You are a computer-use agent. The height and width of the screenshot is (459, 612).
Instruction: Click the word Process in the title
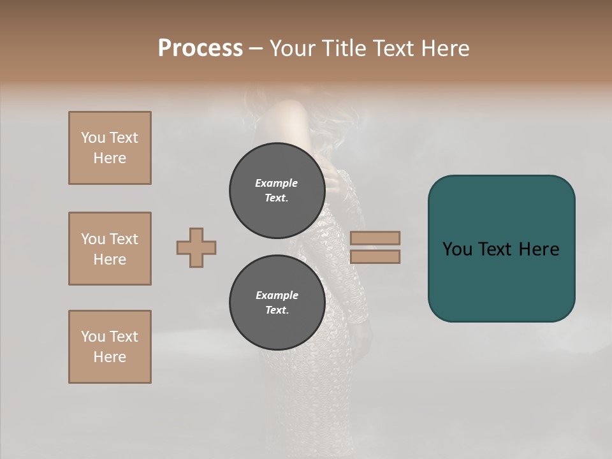click(200, 48)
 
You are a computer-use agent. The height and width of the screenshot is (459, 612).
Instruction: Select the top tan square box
click(110, 148)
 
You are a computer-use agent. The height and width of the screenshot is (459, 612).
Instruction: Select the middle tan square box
click(110, 249)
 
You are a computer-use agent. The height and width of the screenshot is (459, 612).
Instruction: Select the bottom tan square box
click(110, 347)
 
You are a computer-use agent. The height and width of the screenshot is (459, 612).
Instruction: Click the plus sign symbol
click(196, 247)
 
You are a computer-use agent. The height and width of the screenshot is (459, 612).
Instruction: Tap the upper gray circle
click(277, 190)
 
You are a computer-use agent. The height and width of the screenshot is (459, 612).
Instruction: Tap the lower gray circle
click(277, 302)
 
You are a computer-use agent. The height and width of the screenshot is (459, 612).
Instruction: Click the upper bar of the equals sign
click(375, 238)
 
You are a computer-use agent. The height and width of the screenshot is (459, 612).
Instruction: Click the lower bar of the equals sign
click(375, 257)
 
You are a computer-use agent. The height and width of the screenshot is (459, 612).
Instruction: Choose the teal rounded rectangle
click(501, 280)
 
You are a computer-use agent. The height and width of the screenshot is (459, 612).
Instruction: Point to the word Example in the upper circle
click(277, 183)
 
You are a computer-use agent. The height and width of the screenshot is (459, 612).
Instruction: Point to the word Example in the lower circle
click(277, 295)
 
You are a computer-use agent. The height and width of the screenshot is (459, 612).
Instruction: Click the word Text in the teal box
click(499, 249)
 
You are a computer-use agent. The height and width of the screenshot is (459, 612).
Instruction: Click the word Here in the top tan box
click(110, 158)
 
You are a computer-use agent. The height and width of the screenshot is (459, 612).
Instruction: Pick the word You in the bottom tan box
click(92, 337)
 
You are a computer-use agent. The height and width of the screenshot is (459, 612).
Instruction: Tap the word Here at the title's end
click(445, 48)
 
